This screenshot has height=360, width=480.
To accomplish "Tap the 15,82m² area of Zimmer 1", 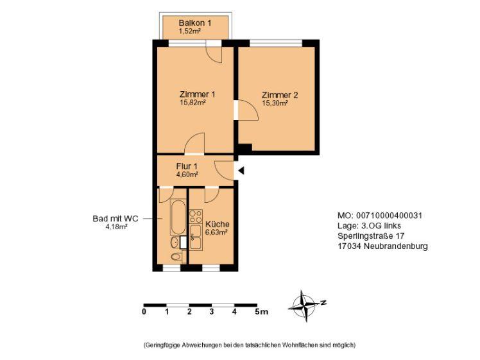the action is click(x=193, y=102).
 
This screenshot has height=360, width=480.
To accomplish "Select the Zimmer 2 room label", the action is click(x=280, y=95).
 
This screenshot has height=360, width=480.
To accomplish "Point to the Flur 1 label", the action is click(x=187, y=167).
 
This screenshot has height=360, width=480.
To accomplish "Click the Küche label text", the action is click(x=218, y=224).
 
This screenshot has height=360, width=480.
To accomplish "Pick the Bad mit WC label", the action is click(x=116, y=219).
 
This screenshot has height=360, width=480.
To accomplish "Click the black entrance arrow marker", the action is click(x=241, y=171).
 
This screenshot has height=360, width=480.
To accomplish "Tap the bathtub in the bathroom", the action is click(x=178, y=218).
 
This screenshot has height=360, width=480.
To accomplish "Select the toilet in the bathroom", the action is click(x=176, y=256).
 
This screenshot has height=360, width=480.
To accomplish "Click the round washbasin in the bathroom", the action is click(x=175, y=243).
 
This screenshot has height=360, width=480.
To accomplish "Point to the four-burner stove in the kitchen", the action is click(x=196, y=216).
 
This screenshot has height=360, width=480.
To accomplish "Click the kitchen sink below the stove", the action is click(x=196, y=237).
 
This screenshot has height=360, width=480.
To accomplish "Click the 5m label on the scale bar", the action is click(x=261, y=312).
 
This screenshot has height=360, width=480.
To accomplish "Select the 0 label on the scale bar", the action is click(x=144, y=312).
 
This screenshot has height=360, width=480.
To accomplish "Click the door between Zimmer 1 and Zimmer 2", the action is click(x=246, y=110).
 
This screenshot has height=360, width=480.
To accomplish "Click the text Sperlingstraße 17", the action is click(x=371, y=236).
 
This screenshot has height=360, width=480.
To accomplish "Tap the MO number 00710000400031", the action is click(x=389, y=216).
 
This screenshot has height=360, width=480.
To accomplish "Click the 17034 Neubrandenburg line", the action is click(x=382, y=246).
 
